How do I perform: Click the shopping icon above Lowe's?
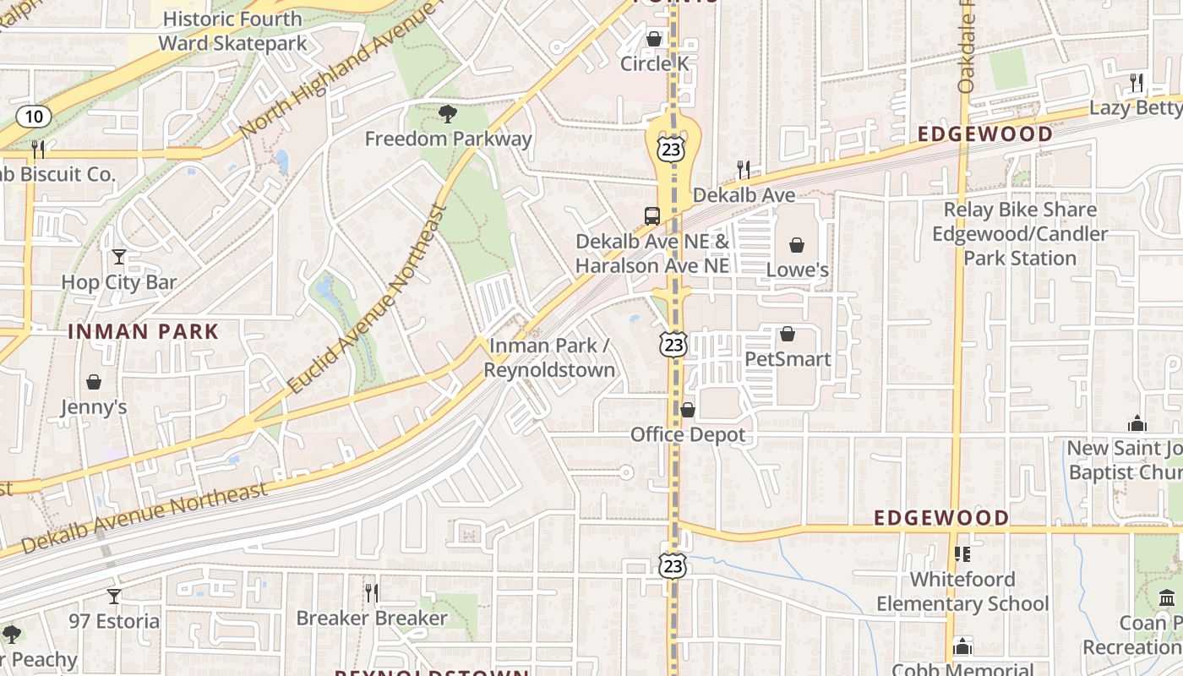tap(796, 246)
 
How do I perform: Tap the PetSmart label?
tap(787, 359)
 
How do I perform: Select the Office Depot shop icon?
tap(688, 410)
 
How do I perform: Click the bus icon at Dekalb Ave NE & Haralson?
tap(651, 215)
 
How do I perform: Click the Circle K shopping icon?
tap(654, 39)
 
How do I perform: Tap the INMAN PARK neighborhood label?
tap(143, 331)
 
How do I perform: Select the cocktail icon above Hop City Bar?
tap(118, 256)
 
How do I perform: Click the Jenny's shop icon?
tap(93, 383)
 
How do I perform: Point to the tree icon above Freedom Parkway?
tap(447, 113)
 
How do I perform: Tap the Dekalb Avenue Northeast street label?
tap(144, 517)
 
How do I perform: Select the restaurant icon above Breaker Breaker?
tap(371, 593)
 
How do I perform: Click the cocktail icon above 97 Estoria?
tap(113, 597)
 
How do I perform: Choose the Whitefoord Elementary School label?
tap(962, 591)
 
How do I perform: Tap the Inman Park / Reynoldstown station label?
tap(549, 357)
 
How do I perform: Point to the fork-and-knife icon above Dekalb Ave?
tap(744, 170)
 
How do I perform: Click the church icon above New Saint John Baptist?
tap(1137, 423)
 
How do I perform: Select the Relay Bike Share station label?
tap(1020, 233)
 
